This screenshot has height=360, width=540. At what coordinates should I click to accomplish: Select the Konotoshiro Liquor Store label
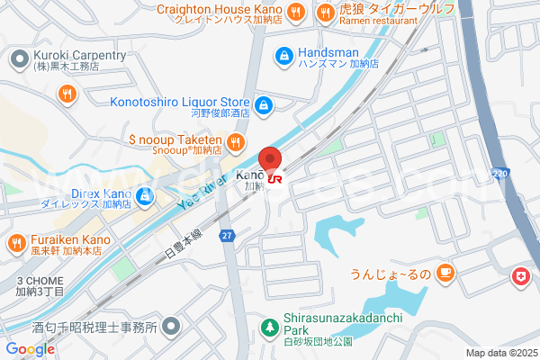[x=181, y=103]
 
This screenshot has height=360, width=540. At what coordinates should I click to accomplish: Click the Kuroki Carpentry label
[x=80, y=56]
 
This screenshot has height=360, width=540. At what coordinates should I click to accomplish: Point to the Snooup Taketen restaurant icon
[x=235, y=141]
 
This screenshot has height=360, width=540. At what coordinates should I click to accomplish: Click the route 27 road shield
[x=229, y=236]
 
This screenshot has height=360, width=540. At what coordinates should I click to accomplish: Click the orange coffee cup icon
[x=444, y=273]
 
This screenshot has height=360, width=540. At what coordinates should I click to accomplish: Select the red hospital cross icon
[x=520, y=277]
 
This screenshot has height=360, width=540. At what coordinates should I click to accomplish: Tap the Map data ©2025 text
[x=500, y=353]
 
